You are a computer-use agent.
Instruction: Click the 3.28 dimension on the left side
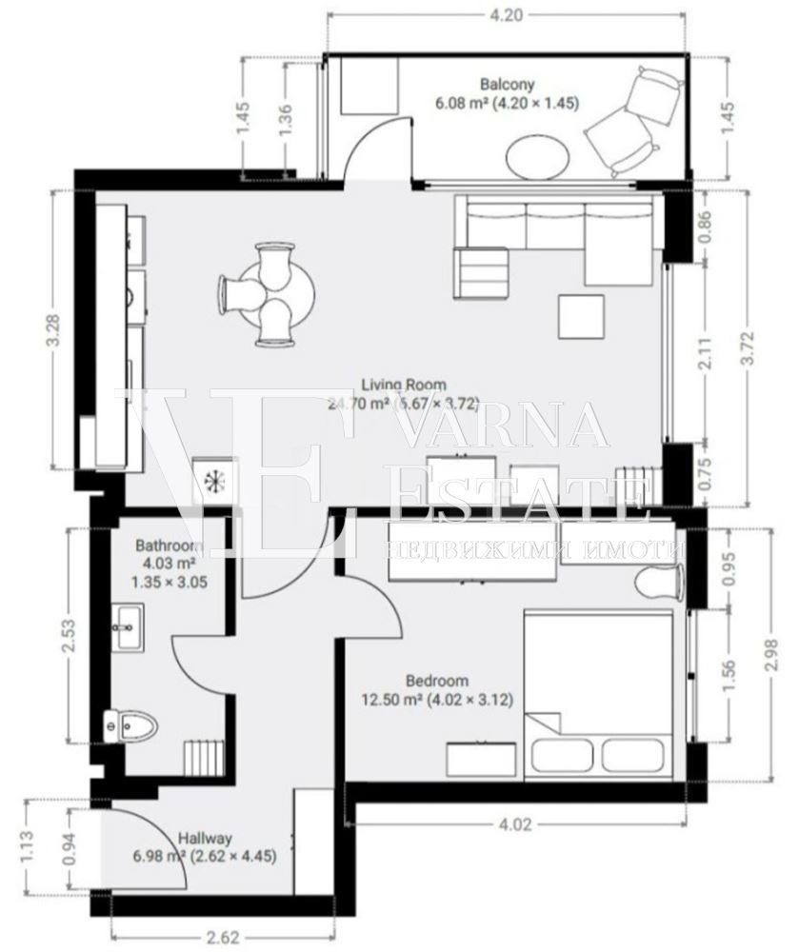click(56, 329)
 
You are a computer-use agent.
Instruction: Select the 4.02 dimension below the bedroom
click(514, 824)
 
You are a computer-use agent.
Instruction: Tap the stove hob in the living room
click(213, 478)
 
